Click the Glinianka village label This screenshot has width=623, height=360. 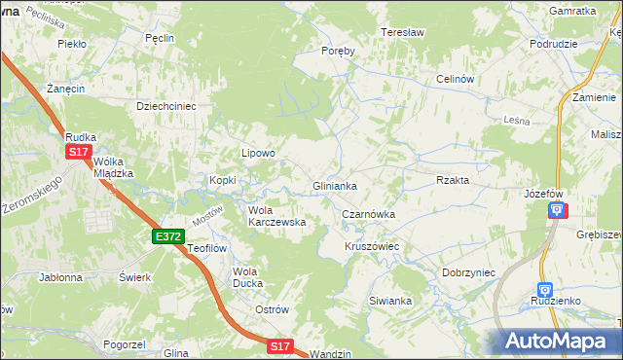334,185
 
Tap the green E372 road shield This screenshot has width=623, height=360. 167,236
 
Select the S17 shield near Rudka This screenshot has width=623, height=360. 80,153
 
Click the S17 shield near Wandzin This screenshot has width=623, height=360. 280,345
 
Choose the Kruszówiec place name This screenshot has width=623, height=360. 372,247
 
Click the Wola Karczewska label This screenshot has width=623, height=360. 277,216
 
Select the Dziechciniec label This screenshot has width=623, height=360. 166,106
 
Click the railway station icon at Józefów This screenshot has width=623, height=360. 555,210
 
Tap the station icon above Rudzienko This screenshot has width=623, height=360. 545,289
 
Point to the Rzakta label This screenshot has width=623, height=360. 454,180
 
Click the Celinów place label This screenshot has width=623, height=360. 455,79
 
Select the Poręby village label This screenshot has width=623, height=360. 339,52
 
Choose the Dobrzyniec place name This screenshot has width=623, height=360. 469,273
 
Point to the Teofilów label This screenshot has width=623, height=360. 207,248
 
